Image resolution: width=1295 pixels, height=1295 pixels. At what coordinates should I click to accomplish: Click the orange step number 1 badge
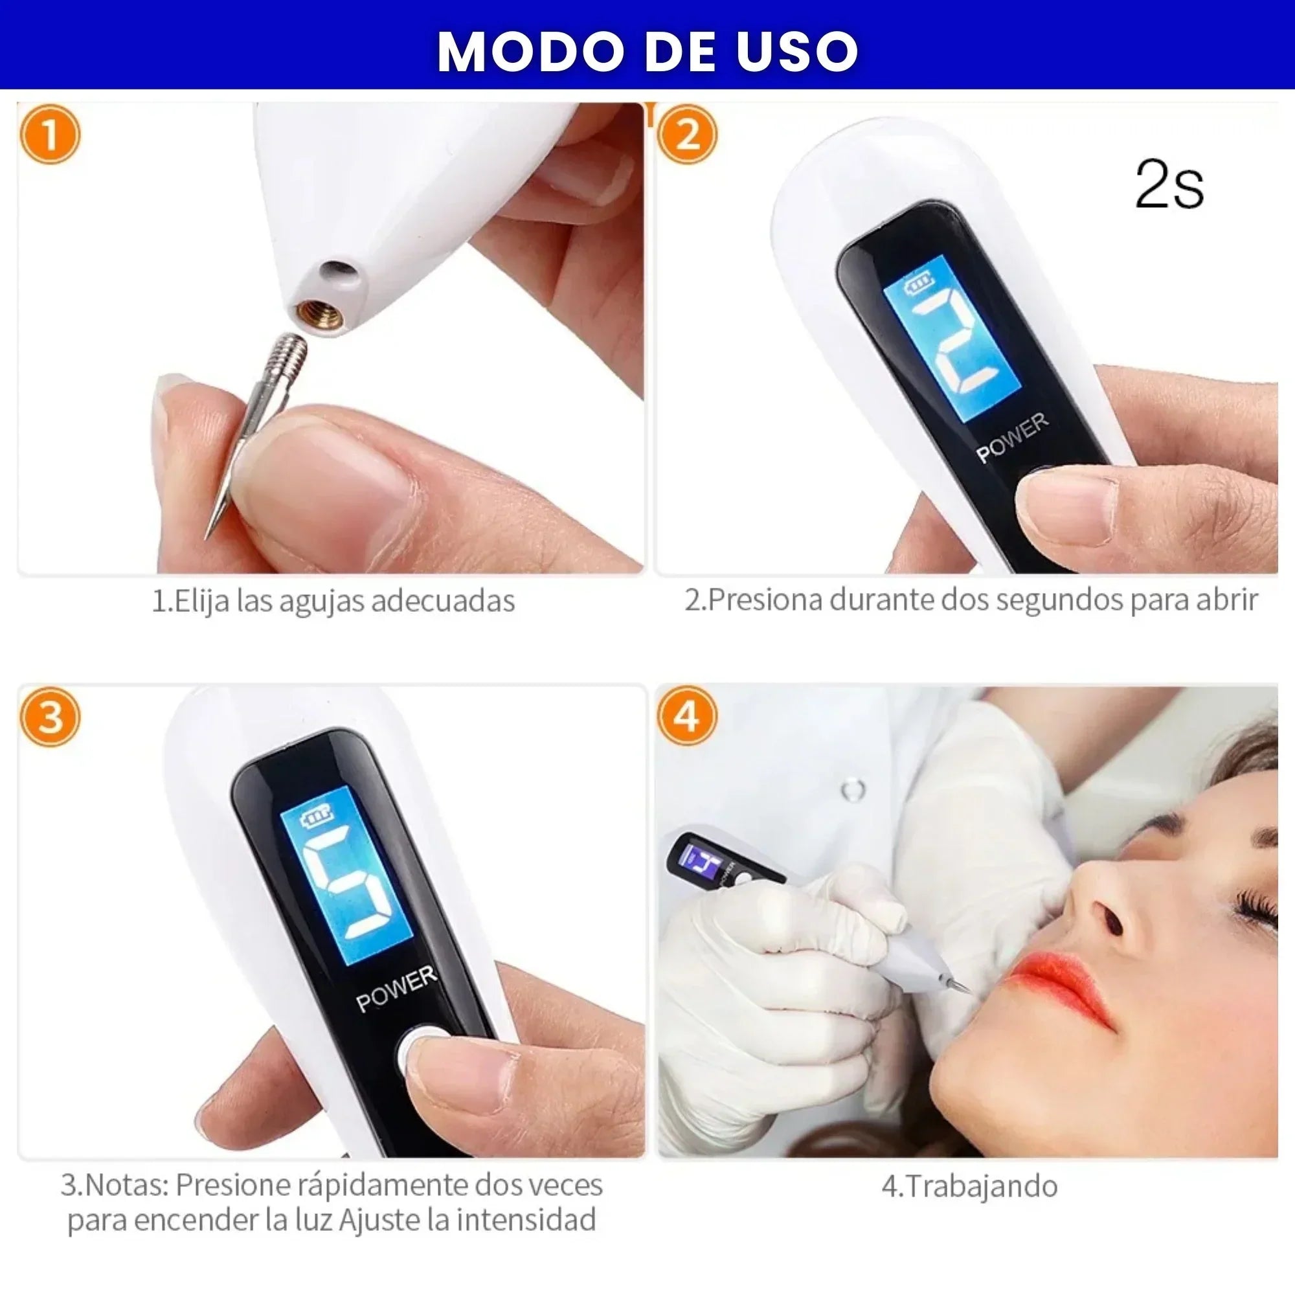[x=51, y=134]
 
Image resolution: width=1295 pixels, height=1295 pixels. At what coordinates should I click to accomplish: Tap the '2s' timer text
[x=1169, y=185]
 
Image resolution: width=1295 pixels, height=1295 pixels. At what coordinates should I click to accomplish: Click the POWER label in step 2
[x=1012, y=438]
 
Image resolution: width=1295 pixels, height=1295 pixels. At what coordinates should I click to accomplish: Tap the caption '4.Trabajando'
[x=969, y=1186]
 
